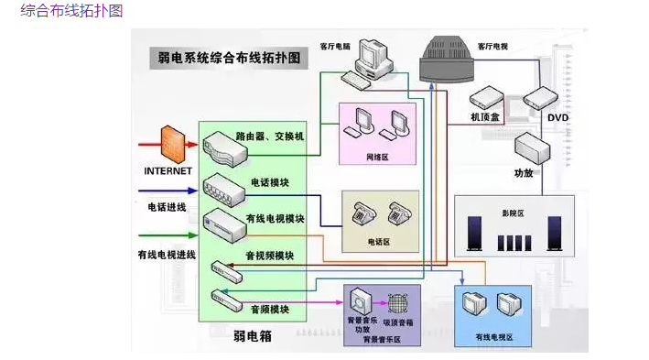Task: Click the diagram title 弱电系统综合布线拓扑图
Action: coord(230,58)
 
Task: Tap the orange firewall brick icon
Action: coord(172,144)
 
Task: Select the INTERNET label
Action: coord(168,171)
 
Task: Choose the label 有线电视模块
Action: coord(275,219)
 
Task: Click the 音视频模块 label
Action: coord(269,255)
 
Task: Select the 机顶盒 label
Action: coord(484,117)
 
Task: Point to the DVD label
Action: coord(558,117)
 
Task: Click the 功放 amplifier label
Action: coord(524,172)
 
